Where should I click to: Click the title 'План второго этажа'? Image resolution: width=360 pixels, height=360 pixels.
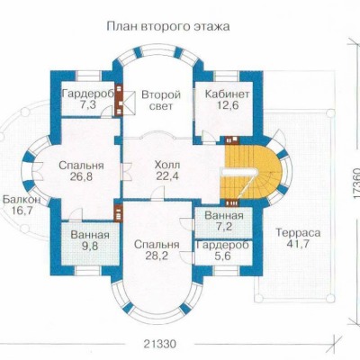168,27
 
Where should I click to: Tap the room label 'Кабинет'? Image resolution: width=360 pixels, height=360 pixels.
227,94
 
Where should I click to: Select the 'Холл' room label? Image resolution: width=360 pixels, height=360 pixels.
167,165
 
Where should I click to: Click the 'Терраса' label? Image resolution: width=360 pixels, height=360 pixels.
298,232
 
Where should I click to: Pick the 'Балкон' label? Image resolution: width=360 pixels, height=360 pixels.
22,200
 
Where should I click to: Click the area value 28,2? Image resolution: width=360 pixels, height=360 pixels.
157,256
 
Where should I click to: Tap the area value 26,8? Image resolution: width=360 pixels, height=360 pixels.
81,176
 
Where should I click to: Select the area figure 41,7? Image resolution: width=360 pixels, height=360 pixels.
298,244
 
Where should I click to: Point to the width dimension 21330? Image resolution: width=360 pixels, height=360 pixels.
159,344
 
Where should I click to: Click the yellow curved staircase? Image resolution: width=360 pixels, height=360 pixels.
250,172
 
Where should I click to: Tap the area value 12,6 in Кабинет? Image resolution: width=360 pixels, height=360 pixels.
227,105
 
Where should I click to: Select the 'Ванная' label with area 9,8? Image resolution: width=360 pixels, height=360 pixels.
90,235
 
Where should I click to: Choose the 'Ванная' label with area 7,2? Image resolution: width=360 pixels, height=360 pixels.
223,216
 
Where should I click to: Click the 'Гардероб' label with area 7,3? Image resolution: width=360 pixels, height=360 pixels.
88,94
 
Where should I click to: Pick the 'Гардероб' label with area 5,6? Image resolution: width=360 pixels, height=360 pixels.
223,245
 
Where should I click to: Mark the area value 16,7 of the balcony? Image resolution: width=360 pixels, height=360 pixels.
22,211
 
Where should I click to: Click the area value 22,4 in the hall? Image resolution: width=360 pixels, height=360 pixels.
167,176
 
